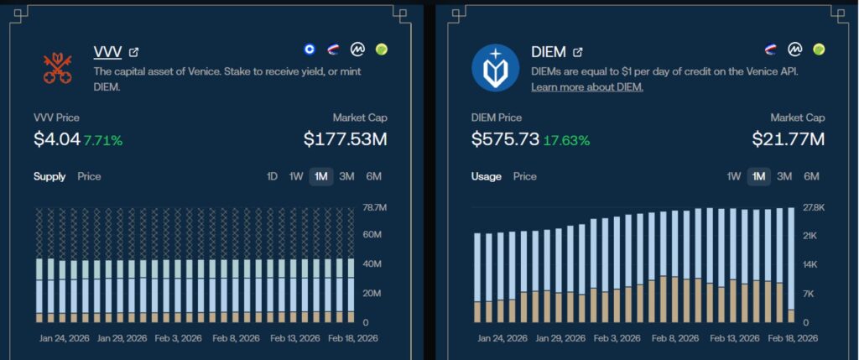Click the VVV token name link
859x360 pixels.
click(107, 52)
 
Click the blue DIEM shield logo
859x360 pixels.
click(495, 68)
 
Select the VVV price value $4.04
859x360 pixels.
click(56, 138)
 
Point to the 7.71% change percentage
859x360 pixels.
click(103, 139)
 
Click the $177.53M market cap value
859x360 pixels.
click(345, 138)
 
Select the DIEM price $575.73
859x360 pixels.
click(504, 138)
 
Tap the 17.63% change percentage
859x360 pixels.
click(566, 139)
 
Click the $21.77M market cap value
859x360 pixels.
click(788, 138)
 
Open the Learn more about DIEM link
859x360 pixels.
click(586, 87)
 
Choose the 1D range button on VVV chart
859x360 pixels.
click(272, 176)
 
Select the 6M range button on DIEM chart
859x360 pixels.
click(811, 176)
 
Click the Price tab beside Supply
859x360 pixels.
click(89, 176)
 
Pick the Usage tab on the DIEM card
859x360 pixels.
click(487, 176)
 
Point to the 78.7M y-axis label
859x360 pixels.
click(373, 207)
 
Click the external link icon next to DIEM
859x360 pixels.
click(577, 53)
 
